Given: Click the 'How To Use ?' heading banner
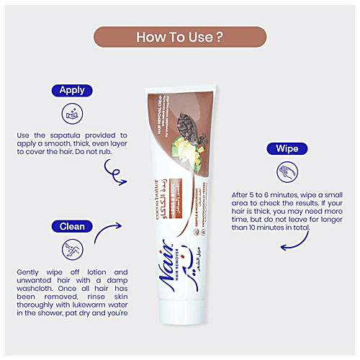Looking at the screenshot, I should (x=179, y=36).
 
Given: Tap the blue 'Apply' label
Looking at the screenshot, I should (x=72, y=91).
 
